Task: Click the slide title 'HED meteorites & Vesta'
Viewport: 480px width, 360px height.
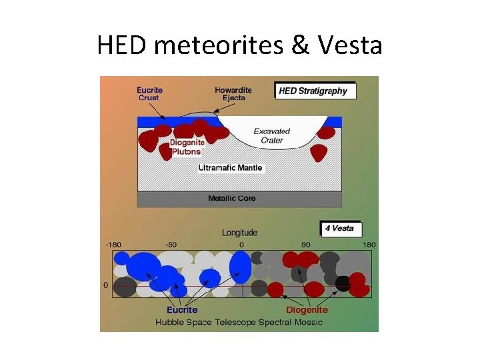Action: click(239, 45)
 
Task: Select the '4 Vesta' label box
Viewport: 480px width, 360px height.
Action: click(339, 228)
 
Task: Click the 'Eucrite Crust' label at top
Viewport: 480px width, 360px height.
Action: click(149, 94)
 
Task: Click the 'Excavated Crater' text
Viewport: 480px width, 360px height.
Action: click(272, 136)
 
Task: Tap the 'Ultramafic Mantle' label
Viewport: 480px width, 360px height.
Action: click(231, 168)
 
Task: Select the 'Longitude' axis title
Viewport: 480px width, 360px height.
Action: click(239, 233)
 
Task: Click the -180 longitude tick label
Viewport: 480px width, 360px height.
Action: click(115, 245)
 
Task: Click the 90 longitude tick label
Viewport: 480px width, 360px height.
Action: click(305, 245)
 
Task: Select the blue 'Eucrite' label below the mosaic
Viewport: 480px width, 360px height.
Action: click(182, 309)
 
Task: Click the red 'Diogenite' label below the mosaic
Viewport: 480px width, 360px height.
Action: click(307, 309)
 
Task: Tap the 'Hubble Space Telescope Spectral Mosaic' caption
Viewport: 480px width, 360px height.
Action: click(239, 322)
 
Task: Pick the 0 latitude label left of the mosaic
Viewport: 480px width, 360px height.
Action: click(105, 285)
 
